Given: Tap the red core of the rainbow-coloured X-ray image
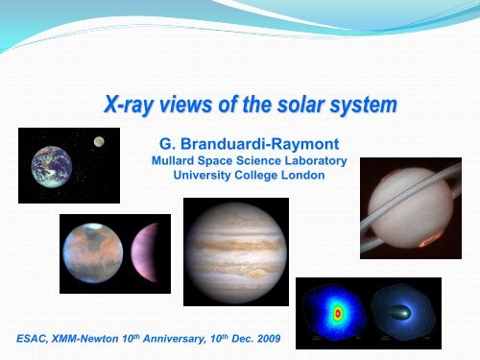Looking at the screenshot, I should (x=337, y=314).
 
